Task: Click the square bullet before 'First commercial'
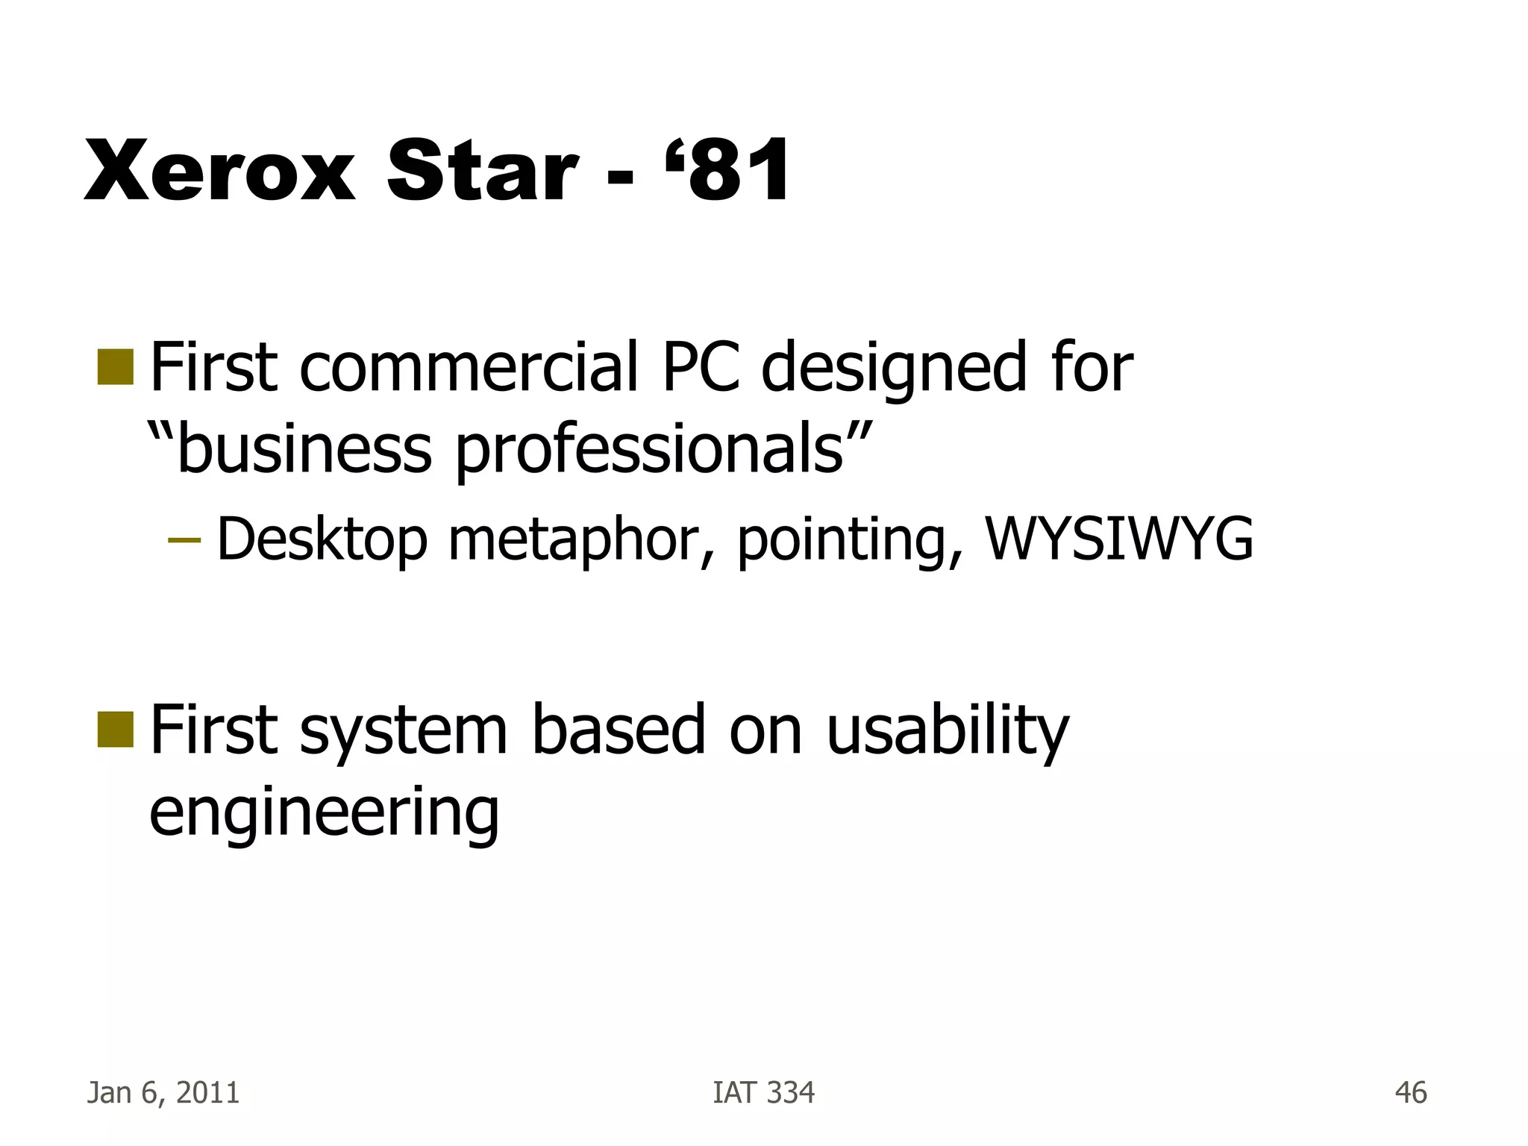point(115,368)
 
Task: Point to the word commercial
point(470,367)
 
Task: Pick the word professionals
point(649,451)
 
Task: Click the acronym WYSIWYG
point(1119,539)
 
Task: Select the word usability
point(948,732)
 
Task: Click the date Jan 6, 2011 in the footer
point(163,1093)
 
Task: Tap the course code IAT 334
point(764,1093)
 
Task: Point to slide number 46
point(1411,1093)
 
